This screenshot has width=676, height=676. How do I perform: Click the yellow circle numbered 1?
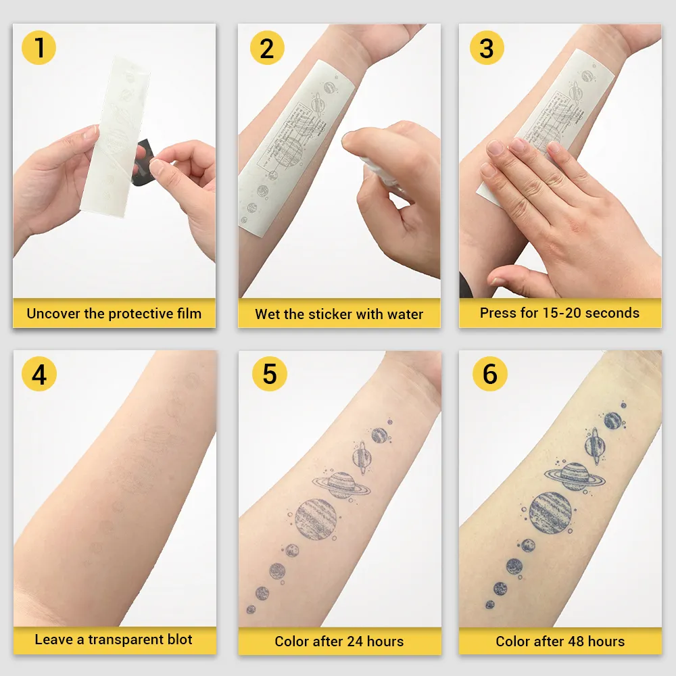pos(39,48)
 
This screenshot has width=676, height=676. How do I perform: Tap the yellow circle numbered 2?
pos(267,48)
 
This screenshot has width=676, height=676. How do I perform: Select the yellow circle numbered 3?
pos(487,48)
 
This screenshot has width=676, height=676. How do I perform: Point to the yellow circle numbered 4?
pos(39,374)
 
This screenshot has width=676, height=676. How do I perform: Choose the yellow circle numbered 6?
pos(489,374)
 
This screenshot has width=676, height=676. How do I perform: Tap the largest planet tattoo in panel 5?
pos(316,518)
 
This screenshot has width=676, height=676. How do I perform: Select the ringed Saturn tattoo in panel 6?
pos(575,475)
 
